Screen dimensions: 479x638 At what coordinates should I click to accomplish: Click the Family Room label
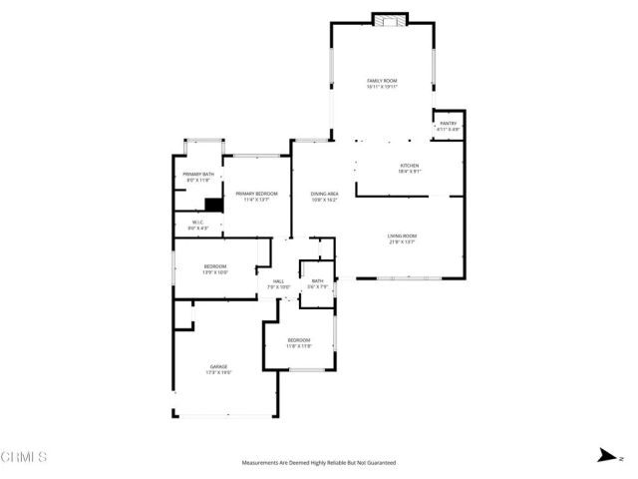pos(382,83)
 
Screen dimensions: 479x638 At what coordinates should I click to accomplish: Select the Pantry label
pos(448,126)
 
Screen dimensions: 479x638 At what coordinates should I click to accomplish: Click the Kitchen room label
pos(409,169)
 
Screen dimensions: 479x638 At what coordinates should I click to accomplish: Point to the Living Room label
pos(402,239)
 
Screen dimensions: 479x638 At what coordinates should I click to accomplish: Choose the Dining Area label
pos(325,197)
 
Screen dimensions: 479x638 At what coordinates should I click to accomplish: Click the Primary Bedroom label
pos(256,196)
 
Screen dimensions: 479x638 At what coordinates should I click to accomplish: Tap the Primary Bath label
pos(198,177)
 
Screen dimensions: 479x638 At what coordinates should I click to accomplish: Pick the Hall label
pos(279,284)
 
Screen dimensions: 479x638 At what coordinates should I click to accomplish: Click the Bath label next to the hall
pos(317,284)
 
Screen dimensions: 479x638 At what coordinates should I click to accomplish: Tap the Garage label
pos(220,368)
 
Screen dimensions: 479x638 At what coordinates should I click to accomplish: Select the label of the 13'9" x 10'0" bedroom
pos(216,268)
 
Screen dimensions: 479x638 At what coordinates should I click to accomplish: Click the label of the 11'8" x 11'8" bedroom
pos(299,344)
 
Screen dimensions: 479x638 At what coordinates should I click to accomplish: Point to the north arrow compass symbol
pos(605,458)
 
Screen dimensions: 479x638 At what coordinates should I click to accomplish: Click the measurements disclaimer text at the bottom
pos(319,463)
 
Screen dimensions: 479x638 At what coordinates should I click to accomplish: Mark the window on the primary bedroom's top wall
pos(255,155)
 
